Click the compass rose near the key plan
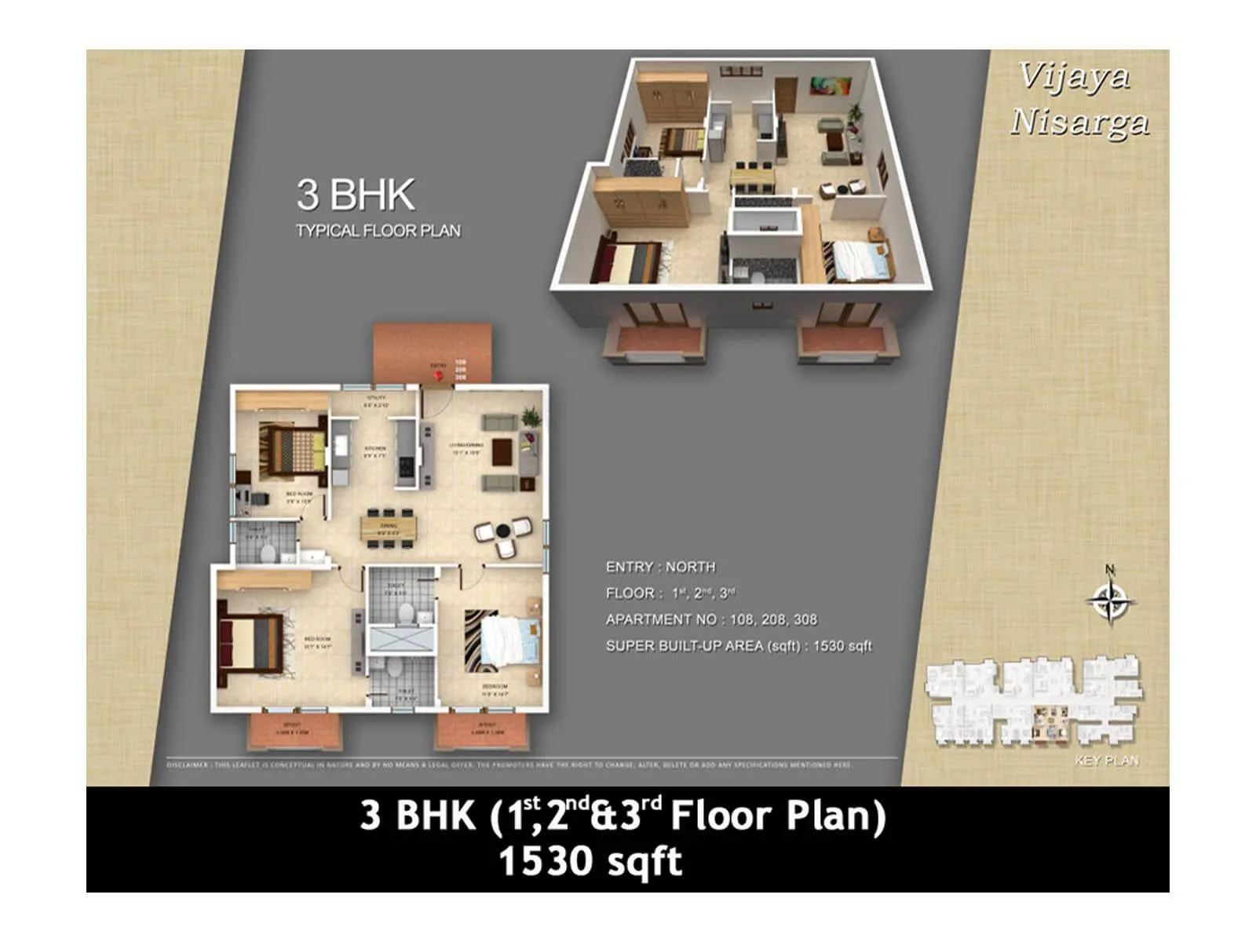[1110, 601]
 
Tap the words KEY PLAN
[1106, 760]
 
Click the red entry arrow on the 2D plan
[439, 377]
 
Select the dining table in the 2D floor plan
[388, 527]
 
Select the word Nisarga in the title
[1079, 122]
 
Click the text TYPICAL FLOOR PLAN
[378, 231]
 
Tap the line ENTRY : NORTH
[660, 567]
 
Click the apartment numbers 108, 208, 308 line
[710, 619]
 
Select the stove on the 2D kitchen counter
[405, 466]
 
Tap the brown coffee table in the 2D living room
[502, 451]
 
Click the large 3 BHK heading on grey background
[355, 195]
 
